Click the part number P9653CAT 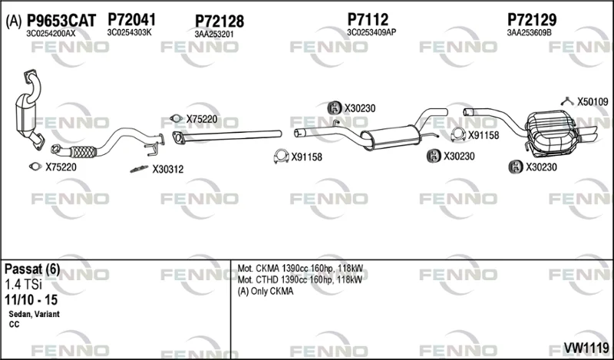pyautogui.click(x=61, y=21)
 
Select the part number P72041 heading pyautogui.click(x=131, y=20)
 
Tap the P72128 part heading pyautogui.click(x=220, y=21)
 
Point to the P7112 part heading pyautogui.click(x=368, y=19)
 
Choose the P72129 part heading pyautogui.click(x=532, y=19)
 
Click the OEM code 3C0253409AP pyautogui.click(x=371, y=32)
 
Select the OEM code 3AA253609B pyautogui.click(x=529, y=33)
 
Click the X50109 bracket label pyautogui.click(x=593, y=102)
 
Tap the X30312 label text pyautogui.click(x=167, y=169)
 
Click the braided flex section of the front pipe pyautogui.click(x=83, y=152)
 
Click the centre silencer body pyautogui.click(x=390, y=137)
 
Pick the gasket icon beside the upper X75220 pyautogui.click(x=177, y=118)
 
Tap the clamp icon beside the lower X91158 pyautogui.click(x=281, y=157)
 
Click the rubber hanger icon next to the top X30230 pyautogui.click(x=335, y=107)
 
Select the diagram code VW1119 pyautogui.click(x=586, y=348)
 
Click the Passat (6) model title pyautogui.click(x=32, y=269)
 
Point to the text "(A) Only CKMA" pyautogui.click(x=266, y=292)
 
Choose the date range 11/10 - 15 pyautogui.click(x=31, y=300)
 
